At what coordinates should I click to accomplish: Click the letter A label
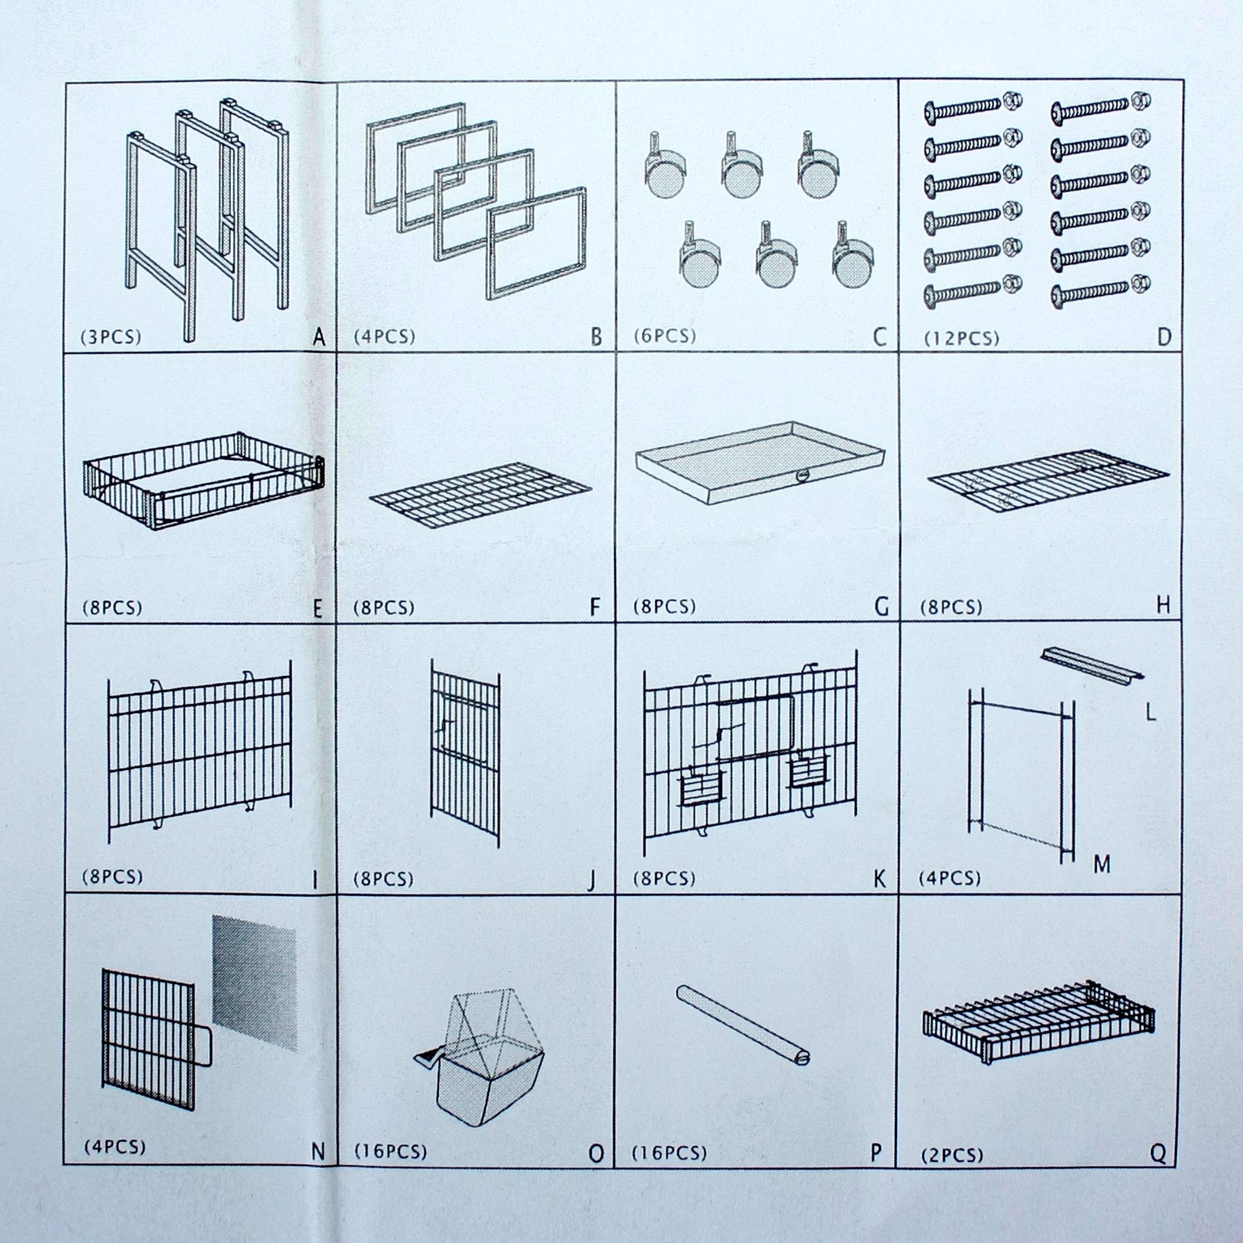(319, 337)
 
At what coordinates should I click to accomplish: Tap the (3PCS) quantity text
(110, 337)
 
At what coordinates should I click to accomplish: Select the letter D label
(1164, 337)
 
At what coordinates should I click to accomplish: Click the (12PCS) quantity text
(961, 338)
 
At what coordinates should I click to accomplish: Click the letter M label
(1102, 865)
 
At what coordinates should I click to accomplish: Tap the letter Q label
(1158, 1153)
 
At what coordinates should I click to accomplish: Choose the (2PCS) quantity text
(952, 1155)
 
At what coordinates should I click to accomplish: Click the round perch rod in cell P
(743, 1029)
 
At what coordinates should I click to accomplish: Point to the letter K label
(880, 879)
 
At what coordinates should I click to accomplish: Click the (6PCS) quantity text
(665, 335)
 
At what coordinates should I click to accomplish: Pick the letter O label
(596, 1153)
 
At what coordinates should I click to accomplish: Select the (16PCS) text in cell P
(669, 1153)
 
